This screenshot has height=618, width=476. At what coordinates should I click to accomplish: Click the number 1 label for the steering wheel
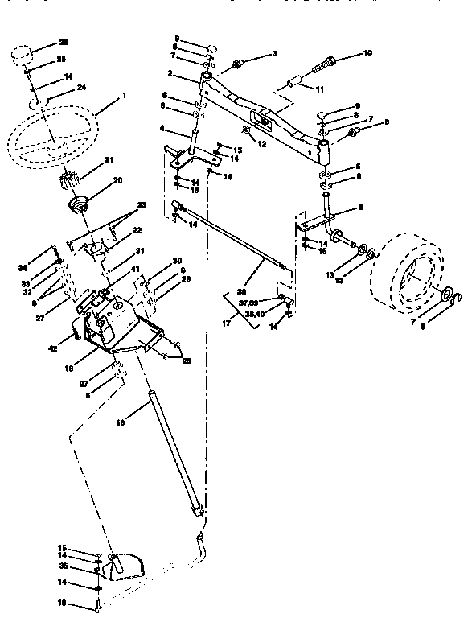click(124, 97)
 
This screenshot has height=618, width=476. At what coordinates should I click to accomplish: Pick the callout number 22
click(115, 231)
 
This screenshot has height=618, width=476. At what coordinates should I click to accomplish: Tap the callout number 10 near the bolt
click(368, 54)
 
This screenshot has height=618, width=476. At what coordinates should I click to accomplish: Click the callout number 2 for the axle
click(170, 74)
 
